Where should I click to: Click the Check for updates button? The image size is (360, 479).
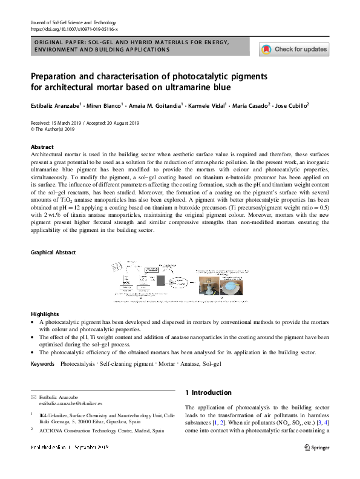(x=293, y=49)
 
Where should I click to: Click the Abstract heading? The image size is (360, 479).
(x=42, y=147)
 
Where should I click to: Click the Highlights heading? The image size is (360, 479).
(x=45, y=314)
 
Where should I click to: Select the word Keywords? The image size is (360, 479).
(x=43, y=363)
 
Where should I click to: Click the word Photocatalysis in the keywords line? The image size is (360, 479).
(x=78, y=363)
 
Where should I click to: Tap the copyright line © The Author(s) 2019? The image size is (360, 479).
(x=53, y=129)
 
